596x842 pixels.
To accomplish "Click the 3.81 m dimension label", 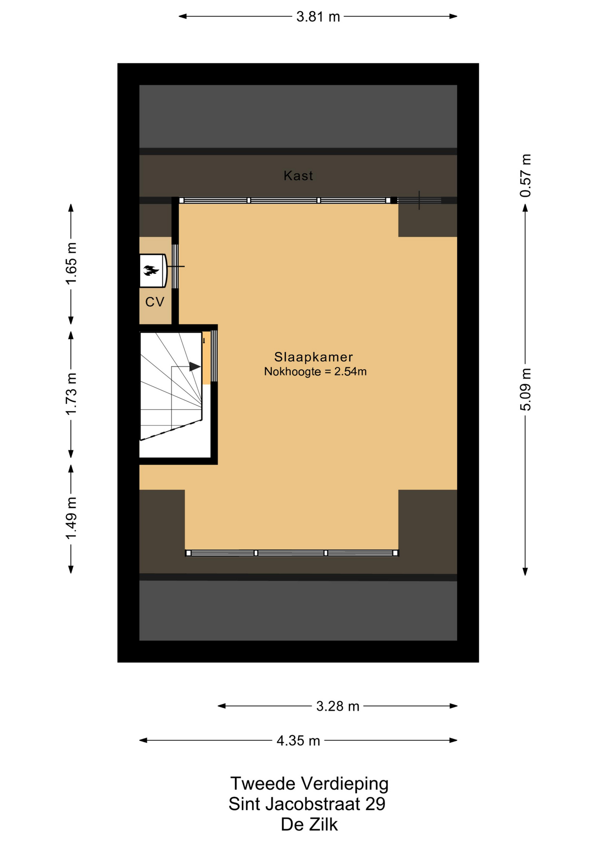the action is click(x=318, y=17).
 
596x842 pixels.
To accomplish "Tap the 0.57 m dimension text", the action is click(x=525, y=175).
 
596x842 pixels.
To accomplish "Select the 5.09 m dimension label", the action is click(x=525, y=389).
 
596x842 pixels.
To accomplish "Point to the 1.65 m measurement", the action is click(x=71, y=263).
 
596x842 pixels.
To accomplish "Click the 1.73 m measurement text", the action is click(x=71, y=393).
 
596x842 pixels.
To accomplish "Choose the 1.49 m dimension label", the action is click(x=71, y=519).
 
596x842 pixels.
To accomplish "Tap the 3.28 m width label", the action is click(x=337, y=706).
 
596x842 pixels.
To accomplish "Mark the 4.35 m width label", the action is click(x=298, y=741).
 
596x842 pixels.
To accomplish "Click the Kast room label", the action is click(x=298, y=176).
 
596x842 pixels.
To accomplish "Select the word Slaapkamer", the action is click(x=313, y=357).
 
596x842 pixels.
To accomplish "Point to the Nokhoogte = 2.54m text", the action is click(x=315, y=371).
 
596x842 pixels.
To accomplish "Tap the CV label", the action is click(x=155, y=302).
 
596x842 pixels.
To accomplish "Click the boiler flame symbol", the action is click(x=151, y=271).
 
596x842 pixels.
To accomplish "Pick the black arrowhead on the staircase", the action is click(x=195, y=366).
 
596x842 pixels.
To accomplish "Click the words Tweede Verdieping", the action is click(x=309, y=784).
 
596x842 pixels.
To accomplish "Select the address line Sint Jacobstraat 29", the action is click(x=307, y=804).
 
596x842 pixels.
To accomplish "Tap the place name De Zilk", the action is click(x=309, y=824).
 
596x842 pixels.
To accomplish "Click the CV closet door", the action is click(x=175, y=266).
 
